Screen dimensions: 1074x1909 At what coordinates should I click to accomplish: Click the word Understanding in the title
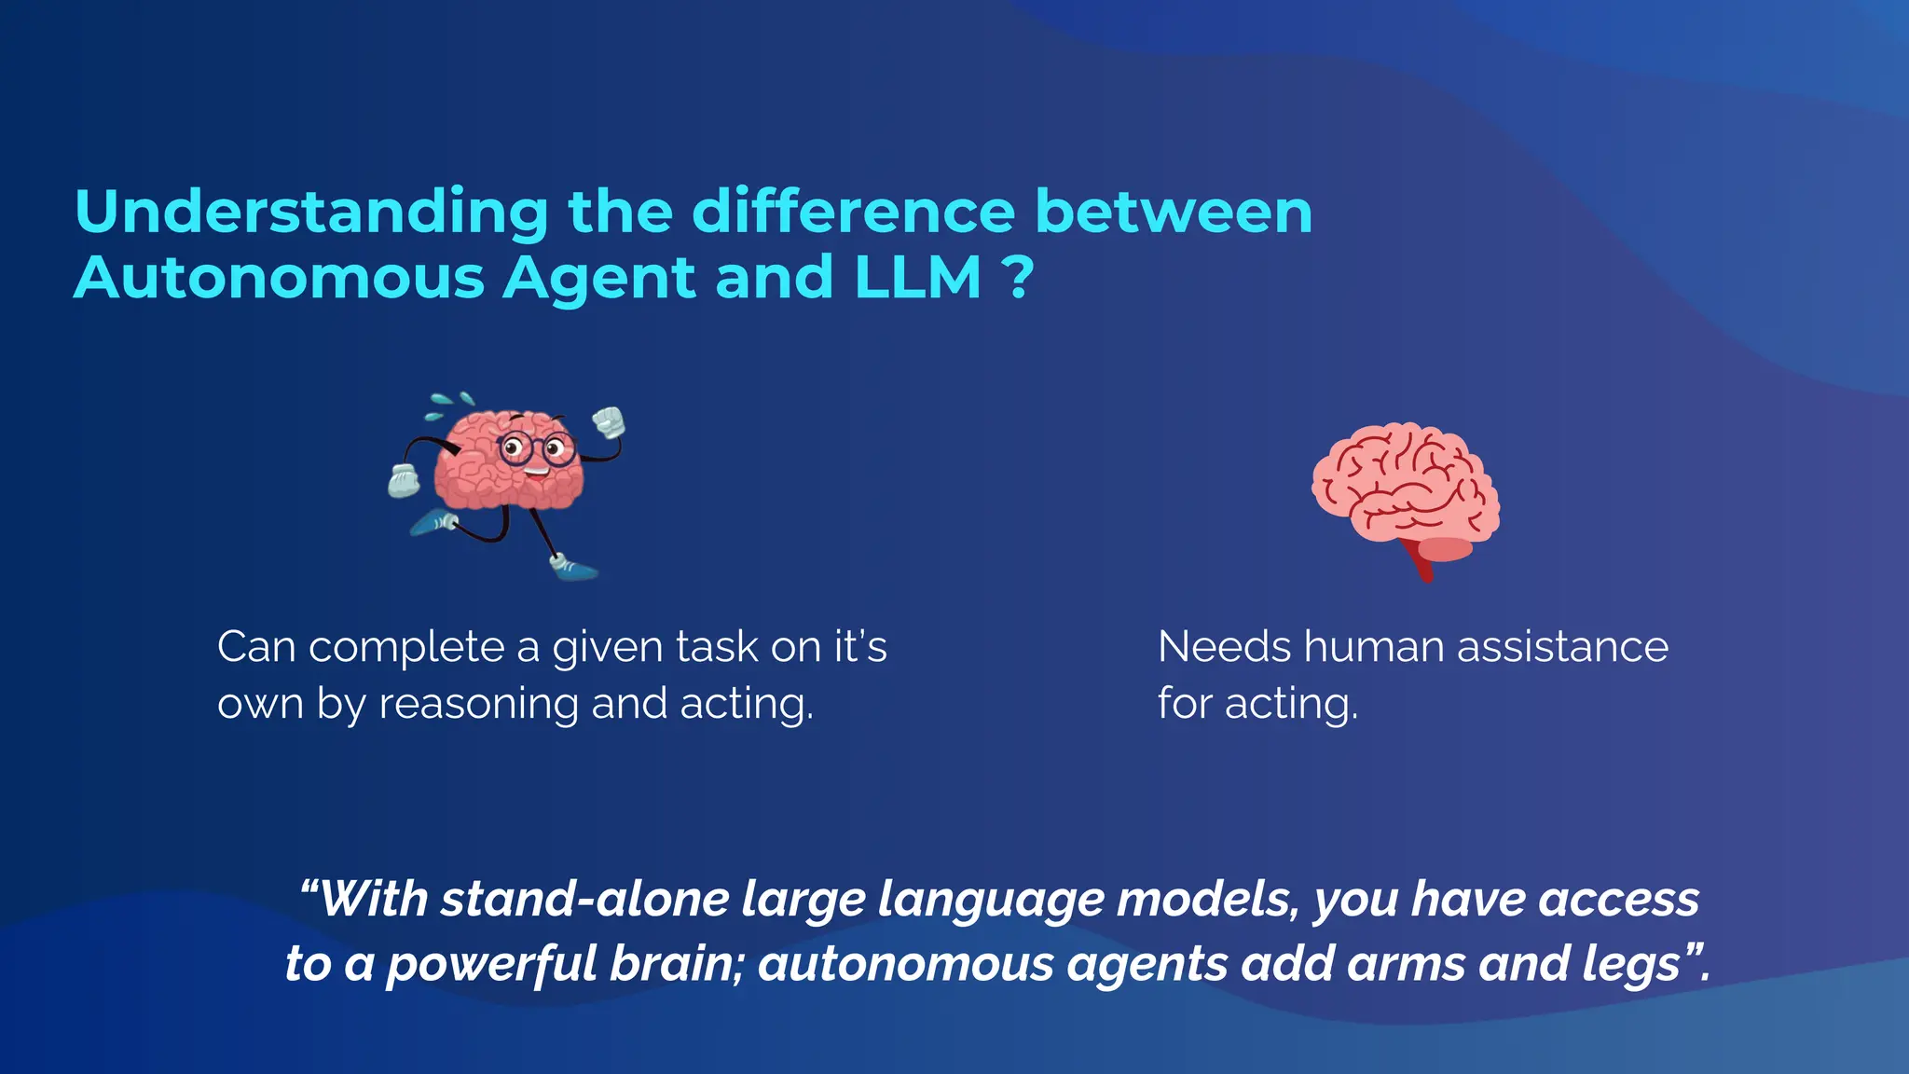[311, 213]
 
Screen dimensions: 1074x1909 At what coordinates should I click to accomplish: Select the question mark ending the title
[1020, 278]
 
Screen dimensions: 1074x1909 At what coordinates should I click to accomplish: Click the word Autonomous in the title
[279, 278]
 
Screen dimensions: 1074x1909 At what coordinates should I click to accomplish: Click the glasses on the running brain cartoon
[535, 449]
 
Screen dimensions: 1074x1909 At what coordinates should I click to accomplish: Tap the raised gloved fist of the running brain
[609, 422]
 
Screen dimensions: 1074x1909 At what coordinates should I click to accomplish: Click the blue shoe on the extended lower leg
[573, 568]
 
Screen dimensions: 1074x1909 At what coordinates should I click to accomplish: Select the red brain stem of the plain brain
[1422, 562]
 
